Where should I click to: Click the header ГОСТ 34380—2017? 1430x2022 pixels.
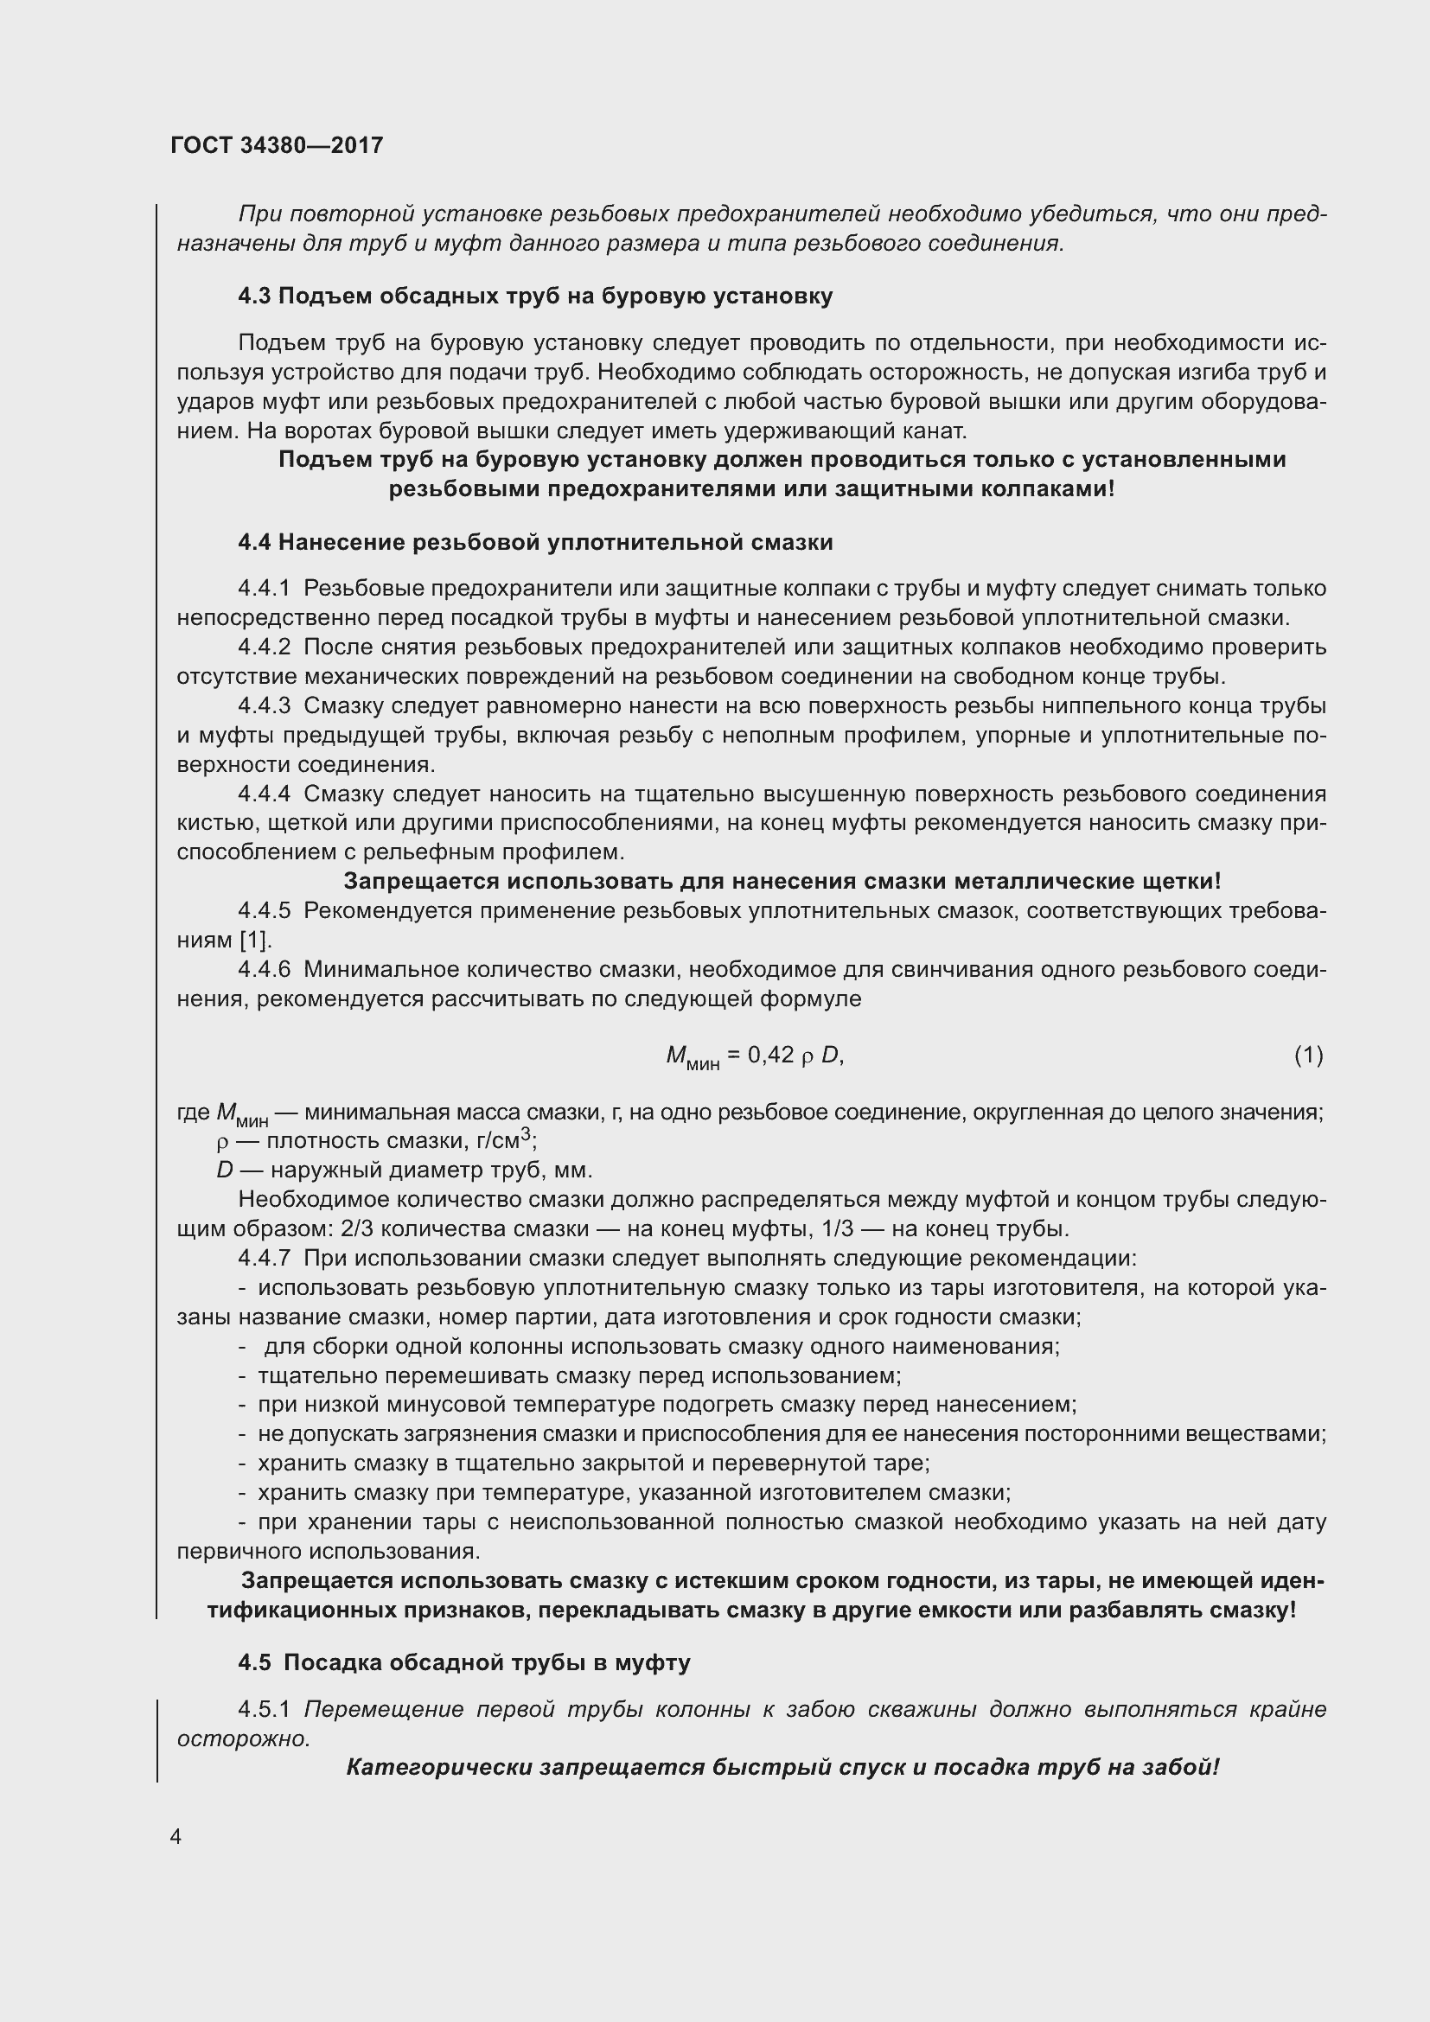pos(277,145)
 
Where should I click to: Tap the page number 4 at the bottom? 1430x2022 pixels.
pos(176,1836)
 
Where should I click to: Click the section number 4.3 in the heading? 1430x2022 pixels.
pos(253,296)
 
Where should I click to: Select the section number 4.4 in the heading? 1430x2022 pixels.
pos(253,543)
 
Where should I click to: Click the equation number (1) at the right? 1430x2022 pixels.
pos(1308,1054)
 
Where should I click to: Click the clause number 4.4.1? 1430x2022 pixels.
pos(265,589)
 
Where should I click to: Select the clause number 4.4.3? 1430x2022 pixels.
pos(265,706)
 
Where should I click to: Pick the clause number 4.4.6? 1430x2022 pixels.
pos(265,970)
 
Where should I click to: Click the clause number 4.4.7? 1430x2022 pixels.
pos(265,1259)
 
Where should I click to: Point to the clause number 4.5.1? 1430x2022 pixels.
pos(265,1709)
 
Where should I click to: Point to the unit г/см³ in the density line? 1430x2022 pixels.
pos(504,1141)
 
